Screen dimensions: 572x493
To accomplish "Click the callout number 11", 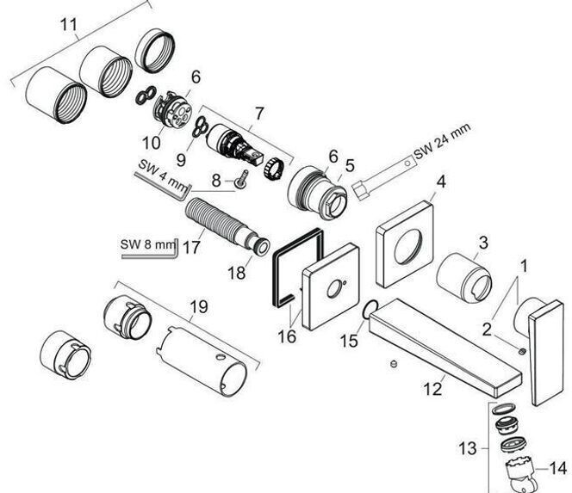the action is click(x=69, y=25).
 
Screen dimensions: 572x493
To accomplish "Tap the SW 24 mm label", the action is click(x=443, y=141).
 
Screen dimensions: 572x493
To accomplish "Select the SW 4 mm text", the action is click(x=162, y=176).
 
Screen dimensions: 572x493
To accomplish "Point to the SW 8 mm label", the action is click(x=147, y=244).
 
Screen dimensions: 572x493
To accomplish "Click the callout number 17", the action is click(x=191, y=248).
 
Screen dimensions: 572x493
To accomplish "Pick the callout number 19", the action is click(x=199, y=307).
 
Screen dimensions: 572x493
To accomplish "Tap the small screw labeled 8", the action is click(x=241, y=180).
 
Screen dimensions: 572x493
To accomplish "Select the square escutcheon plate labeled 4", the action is click(x=405, y=243).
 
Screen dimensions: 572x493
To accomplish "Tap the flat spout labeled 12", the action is click(x=445, y=346).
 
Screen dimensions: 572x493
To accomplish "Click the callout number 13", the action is click(x=467, y=448).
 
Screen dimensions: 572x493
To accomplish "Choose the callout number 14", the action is click(x=558, y=469).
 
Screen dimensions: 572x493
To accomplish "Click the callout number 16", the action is click(x=287, y=336).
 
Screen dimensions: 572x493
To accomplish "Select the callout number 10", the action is click(x=152, y=143).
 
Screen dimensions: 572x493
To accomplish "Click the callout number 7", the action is click(x=258, y=114).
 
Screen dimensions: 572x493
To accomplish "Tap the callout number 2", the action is click(x=487, y=330).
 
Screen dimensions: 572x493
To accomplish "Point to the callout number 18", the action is click(x=236, y=273).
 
